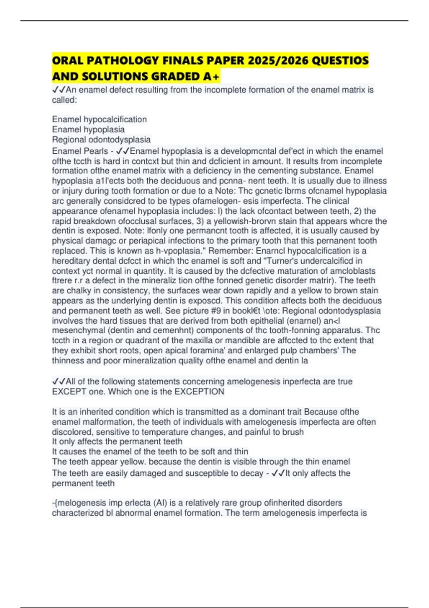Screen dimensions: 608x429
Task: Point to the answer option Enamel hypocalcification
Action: [x=99, y=119]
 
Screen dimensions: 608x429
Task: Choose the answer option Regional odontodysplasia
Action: [x=101, y=139]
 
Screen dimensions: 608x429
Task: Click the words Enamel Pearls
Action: [x=80, y=151]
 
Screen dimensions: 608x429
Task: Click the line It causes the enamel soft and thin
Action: [x=150, y=452]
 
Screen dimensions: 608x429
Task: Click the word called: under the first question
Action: [x=64, y=100]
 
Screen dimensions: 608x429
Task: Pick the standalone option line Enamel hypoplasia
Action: [x=88, y=129]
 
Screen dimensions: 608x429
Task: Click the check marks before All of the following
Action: [x=58, y=382]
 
